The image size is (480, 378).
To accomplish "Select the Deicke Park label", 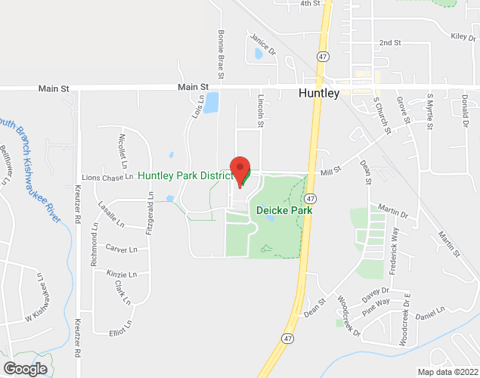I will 284,209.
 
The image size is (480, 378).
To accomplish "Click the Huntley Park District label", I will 184,175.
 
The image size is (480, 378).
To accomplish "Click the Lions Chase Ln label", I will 107,178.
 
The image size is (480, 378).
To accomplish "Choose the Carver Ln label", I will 122,249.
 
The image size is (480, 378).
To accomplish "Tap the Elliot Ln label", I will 120,330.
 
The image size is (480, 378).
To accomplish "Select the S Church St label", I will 381,115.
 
